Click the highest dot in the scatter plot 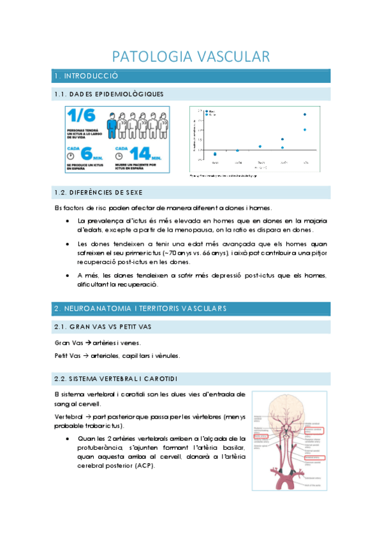305,115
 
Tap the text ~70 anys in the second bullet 236,253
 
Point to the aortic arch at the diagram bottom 286,478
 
